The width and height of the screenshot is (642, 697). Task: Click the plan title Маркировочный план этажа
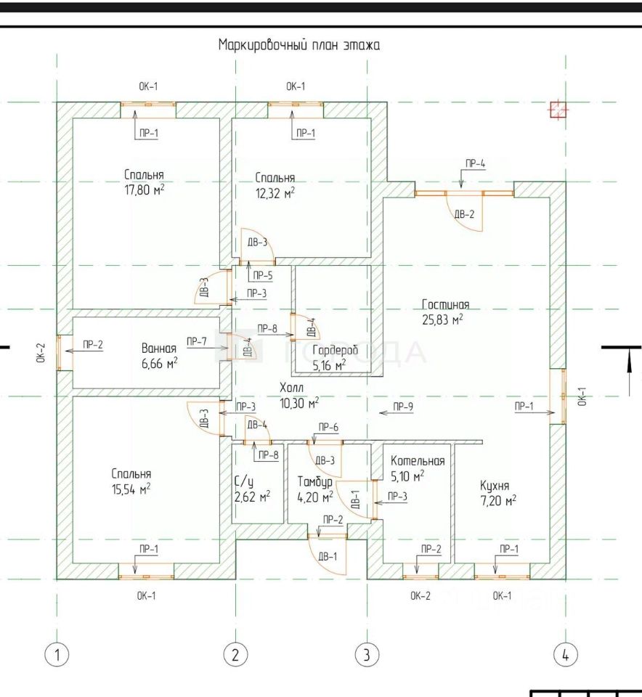(299, 45)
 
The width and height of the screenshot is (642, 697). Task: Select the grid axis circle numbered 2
(235, 654)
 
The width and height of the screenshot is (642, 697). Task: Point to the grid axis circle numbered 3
(367, 654)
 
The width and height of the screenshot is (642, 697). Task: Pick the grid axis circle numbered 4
(566, 654)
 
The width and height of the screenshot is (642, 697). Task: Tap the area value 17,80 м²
(143, 189)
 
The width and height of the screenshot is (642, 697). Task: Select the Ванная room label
(159, 348)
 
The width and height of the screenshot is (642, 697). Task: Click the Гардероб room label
(334, 350)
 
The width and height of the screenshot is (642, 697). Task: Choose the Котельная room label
(417, 461)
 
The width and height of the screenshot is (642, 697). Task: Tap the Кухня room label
(495, 486)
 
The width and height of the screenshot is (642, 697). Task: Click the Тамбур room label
(315, 481)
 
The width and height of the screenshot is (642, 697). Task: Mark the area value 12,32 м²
(275, 192)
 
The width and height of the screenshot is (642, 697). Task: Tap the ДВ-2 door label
(464, 214)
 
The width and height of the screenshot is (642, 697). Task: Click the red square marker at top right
(558, 109)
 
